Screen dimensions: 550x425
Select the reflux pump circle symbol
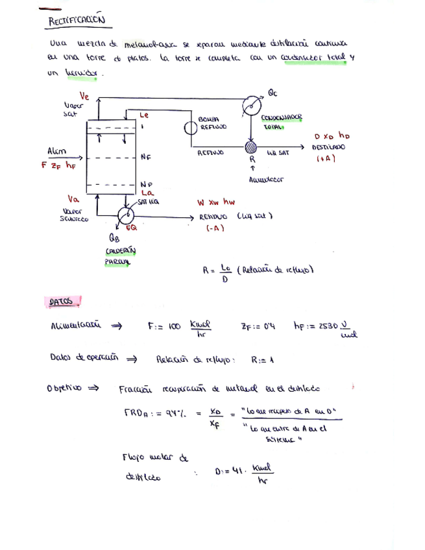pyautogui.click(x=191, y=128)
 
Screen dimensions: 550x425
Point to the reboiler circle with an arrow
pyautogui.click(x=125, y=216)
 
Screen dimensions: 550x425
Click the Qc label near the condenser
pyautogui.click(x=272, y=93)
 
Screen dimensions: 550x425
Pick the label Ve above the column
pyautogui.click(x=84, y=96)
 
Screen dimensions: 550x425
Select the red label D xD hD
pyautogui.click(x=332, y=137)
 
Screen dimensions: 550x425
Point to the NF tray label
pyautogui.click(x=145, y=157)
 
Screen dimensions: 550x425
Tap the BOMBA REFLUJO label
pyautogui.click(x=213, y=123)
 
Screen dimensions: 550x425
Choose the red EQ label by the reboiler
pyautogui.click(x=131, y=228)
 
